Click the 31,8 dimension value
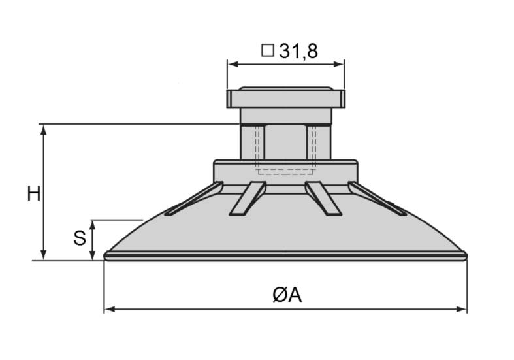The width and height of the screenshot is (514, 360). coord(298,52)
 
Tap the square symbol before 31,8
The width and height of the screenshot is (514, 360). coord(268,50)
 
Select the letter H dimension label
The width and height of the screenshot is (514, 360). coord(34,193)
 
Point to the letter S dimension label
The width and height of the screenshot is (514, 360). coord(80,238)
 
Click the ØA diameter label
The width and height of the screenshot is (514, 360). coord(287,295)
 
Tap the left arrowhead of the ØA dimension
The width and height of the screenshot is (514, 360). coord(109,309)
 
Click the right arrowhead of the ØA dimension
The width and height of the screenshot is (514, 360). coord(462,309)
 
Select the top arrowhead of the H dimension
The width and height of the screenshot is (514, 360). coord(43,130)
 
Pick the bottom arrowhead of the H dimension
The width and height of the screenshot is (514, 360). coord(43,255)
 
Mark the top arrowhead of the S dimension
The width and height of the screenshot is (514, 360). coord(93,225)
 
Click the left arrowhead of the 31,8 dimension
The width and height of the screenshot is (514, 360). coord(233,64)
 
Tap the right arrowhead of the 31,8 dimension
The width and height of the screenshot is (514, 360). coord(339,64)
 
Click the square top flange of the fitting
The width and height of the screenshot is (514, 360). coord(285,99)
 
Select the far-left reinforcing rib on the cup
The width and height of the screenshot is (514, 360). coord(193,199)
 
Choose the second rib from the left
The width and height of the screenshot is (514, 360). coord(248,198)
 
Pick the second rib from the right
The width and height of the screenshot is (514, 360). coord(323,198)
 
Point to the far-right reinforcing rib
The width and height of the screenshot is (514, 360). coord(377,199)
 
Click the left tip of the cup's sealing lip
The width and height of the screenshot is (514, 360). coord(104,256)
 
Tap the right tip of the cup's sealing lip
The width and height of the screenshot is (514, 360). coord(466,256)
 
